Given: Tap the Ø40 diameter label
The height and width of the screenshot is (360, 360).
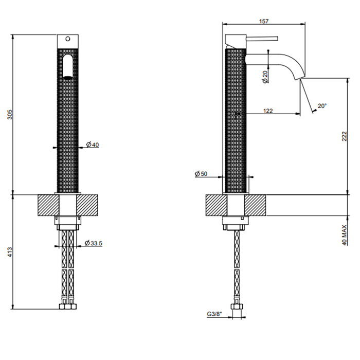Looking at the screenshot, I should [x=93, y=145].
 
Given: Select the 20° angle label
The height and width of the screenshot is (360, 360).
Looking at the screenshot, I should [x=322, y=106].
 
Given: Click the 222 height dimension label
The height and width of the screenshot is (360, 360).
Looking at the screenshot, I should [x=344, y=136].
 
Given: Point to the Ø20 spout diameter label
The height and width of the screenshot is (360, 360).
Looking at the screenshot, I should [x=265, y=77].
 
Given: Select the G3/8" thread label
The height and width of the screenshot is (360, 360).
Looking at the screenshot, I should [x=214, y=314].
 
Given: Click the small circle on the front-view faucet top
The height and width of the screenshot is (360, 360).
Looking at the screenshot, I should [x=67, y=39].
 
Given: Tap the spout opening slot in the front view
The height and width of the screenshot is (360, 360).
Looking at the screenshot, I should [x=67, y=67].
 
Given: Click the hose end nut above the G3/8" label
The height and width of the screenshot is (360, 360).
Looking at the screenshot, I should [x=237, y=307].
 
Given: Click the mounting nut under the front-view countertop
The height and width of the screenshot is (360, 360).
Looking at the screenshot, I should [x=67, y=223].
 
